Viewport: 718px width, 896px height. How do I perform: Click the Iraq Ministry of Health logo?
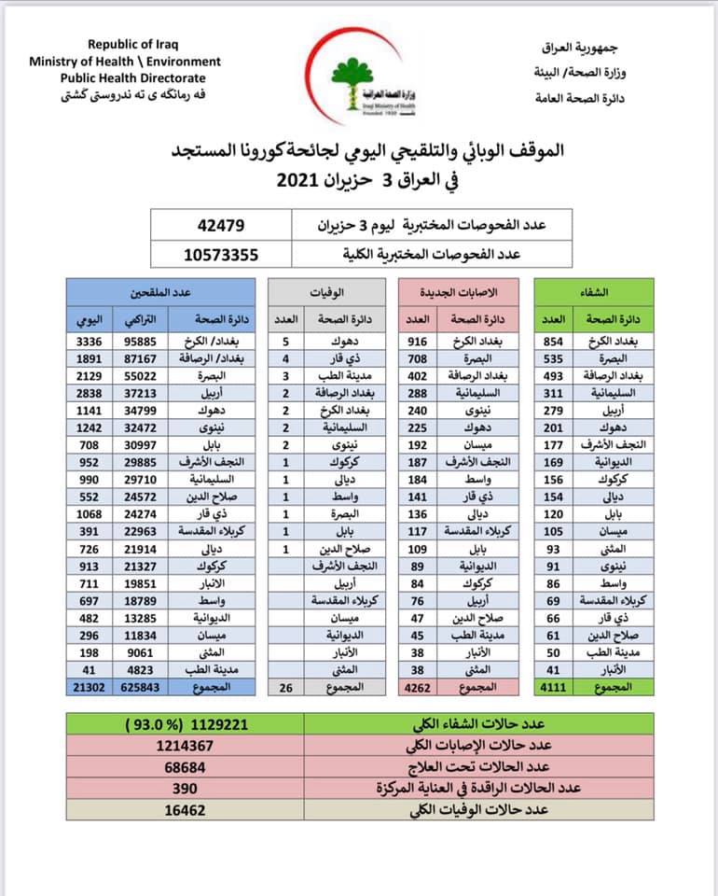[359, 83]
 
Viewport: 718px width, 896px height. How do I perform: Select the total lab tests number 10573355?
[222, 252]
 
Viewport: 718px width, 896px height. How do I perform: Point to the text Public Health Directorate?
[132, 78]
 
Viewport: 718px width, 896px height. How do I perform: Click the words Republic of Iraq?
[132, 44]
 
